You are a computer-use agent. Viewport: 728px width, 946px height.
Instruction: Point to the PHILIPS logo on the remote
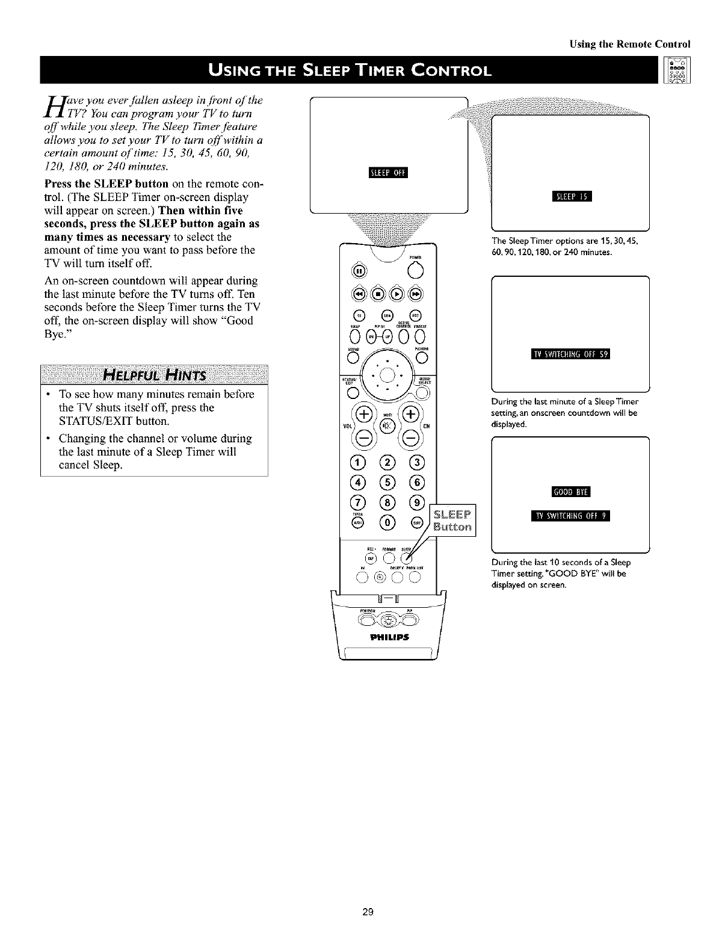click(388, 637)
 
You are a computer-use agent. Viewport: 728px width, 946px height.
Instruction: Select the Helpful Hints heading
click(155, 376)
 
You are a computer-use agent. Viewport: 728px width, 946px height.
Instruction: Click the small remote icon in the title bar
click(677, 70)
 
